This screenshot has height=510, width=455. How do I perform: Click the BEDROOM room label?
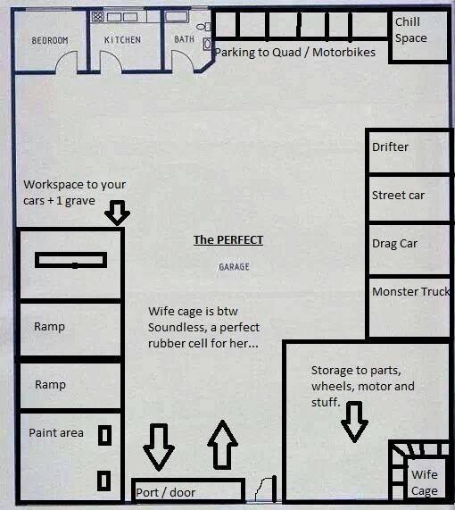(x=50, y=40)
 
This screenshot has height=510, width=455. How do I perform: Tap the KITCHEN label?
(x=122, y=39)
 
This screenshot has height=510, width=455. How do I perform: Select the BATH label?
(x=184, y=39)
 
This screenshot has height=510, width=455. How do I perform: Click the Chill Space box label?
(x=410, y=30)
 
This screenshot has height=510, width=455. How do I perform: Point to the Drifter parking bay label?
(x=390, y=147)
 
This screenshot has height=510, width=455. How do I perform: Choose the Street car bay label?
(x=398, y=195)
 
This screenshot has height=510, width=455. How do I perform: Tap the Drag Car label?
(x=394, y=244)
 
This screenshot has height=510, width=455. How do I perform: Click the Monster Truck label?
(x=410, y=291)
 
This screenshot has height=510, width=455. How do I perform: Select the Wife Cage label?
(x=425, y=482)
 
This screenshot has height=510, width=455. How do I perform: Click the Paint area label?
(x=56, y=433)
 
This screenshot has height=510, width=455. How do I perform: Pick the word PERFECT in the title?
(x=240, y=240)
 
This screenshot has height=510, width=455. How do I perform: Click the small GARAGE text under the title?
(x=234, y=267)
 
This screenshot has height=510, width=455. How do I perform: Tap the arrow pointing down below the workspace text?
(x=118, y=213)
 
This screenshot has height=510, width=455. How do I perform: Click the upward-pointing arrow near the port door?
(x=223, y=445)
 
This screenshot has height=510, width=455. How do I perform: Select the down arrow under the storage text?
(x=354, y=422)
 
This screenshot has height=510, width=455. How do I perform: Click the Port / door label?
(x=165, y=493)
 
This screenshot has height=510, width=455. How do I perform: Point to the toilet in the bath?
(x=203, y=26)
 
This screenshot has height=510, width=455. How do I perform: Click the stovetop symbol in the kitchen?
(x=97, y=16)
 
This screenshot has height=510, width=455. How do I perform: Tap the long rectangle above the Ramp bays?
(x=70, y=260)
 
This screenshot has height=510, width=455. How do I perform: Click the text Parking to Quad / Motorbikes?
(x=295, y=52)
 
